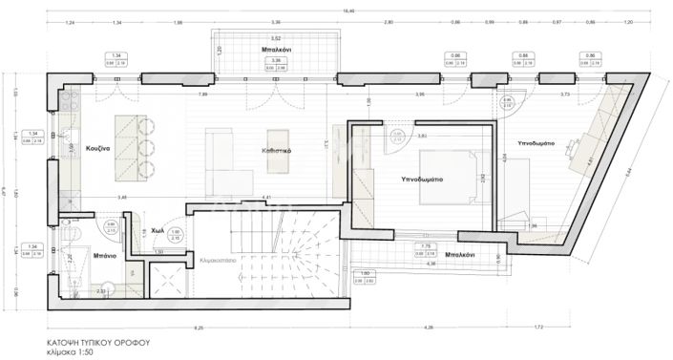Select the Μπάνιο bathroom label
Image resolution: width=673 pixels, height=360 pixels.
click(106, 257)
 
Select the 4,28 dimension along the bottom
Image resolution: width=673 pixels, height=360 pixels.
click(429, 328)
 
